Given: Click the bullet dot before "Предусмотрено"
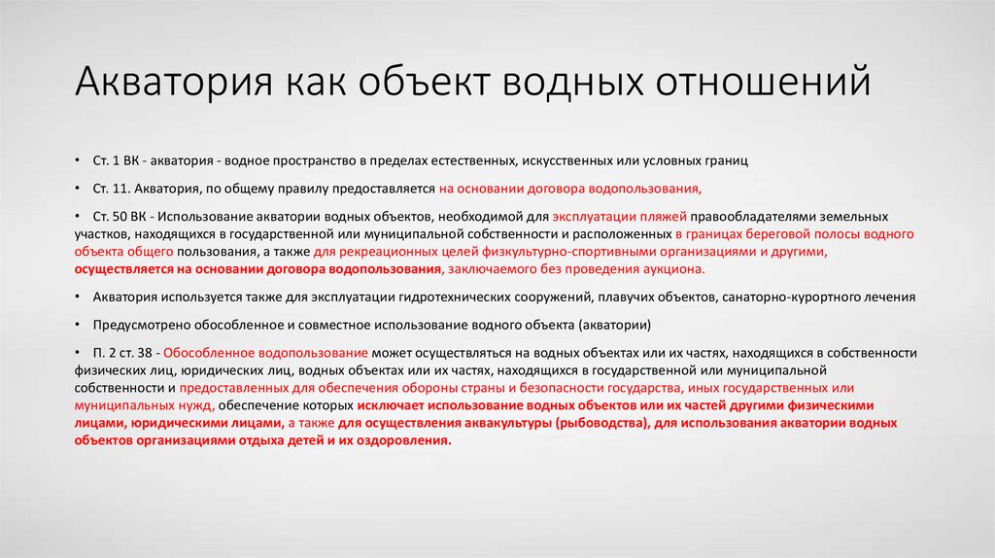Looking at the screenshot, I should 78,325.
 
